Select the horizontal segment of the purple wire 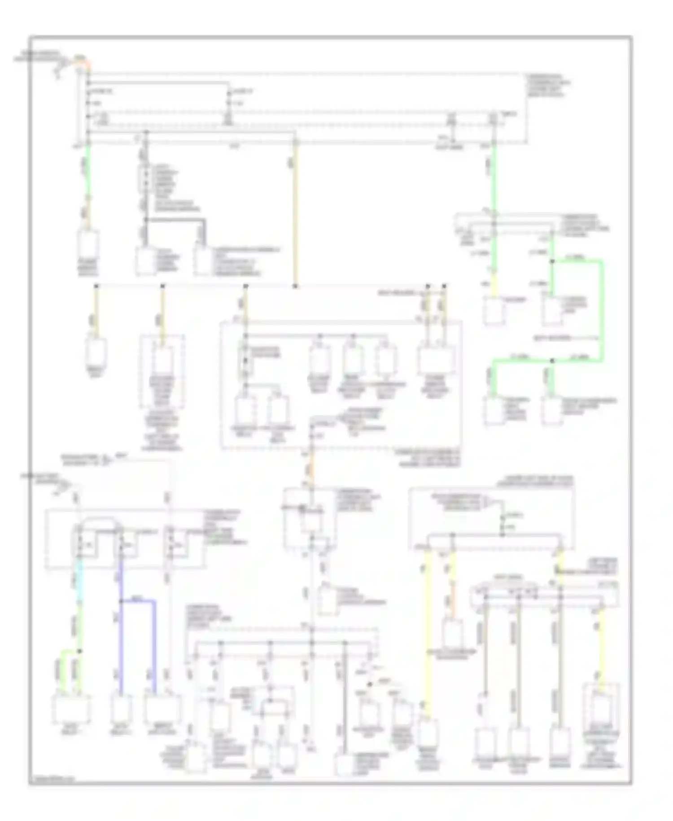138,600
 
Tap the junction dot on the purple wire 121,600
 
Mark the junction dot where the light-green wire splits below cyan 80,651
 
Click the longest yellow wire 427,633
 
